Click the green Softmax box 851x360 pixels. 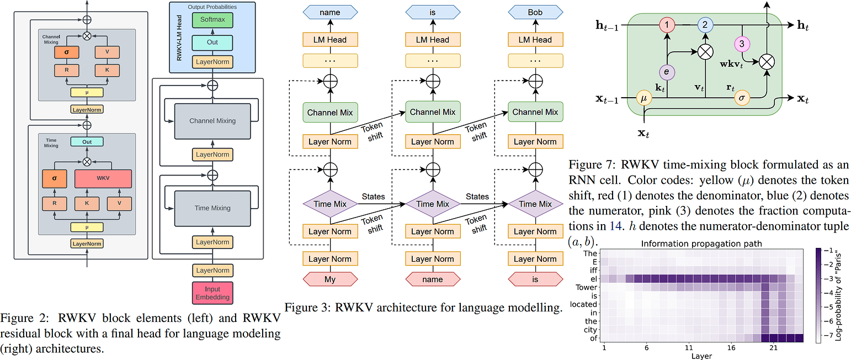click(x=212, y=20)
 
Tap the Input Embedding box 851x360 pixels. click(x=212, y=293)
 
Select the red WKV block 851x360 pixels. click(x=103, y=178)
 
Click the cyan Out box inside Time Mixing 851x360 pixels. click(x=87, y=142)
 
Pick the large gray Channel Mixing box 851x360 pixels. click(x=212, y=121)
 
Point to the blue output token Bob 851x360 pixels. click(x=535, y=13)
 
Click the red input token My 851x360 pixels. click(x=330, y=279)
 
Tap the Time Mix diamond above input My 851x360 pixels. click(x=330, y=204)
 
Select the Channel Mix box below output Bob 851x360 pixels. click(x=535, y=112)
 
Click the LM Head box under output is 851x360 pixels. click(x=433, y=40)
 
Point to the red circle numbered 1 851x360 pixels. click(x=667, y=25)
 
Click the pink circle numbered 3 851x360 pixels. click(x=742, y=44)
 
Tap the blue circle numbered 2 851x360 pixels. click(x=705, y=25)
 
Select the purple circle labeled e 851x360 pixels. click(x=667, y=72)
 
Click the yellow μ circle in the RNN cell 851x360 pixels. click(x=644, y=98)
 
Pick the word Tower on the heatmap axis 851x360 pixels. click(x=586, y=287)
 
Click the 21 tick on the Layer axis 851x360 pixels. click(x=774, y=348)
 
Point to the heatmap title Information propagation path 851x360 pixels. click(x=701, y=243)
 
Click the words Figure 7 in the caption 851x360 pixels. click(x=591, y=165)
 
